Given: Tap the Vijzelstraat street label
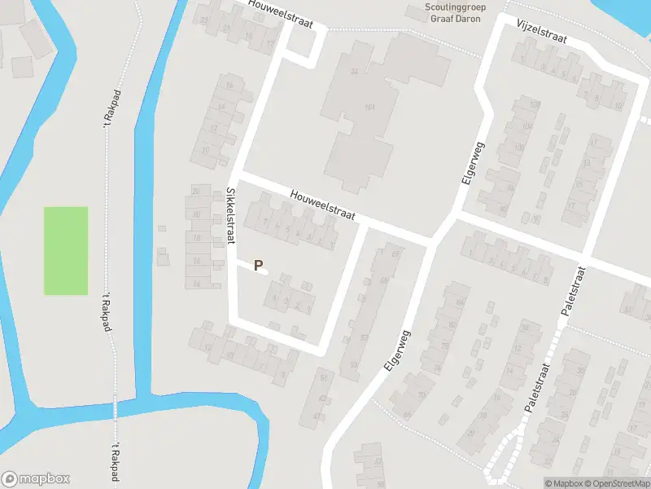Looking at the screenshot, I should tap(540, 33).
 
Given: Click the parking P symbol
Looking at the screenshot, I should tap(259, 265).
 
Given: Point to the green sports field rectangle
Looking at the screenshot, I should tap(65, 250).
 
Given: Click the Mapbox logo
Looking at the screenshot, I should tap(36, 479).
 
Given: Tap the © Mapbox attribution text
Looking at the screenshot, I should tap(564, 483).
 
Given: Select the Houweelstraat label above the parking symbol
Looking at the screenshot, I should tap(324, 205).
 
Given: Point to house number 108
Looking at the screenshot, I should tap(534, 104).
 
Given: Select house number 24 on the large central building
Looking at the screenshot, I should tap(353, 72).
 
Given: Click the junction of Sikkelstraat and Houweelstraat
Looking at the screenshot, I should tap(236, 174).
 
